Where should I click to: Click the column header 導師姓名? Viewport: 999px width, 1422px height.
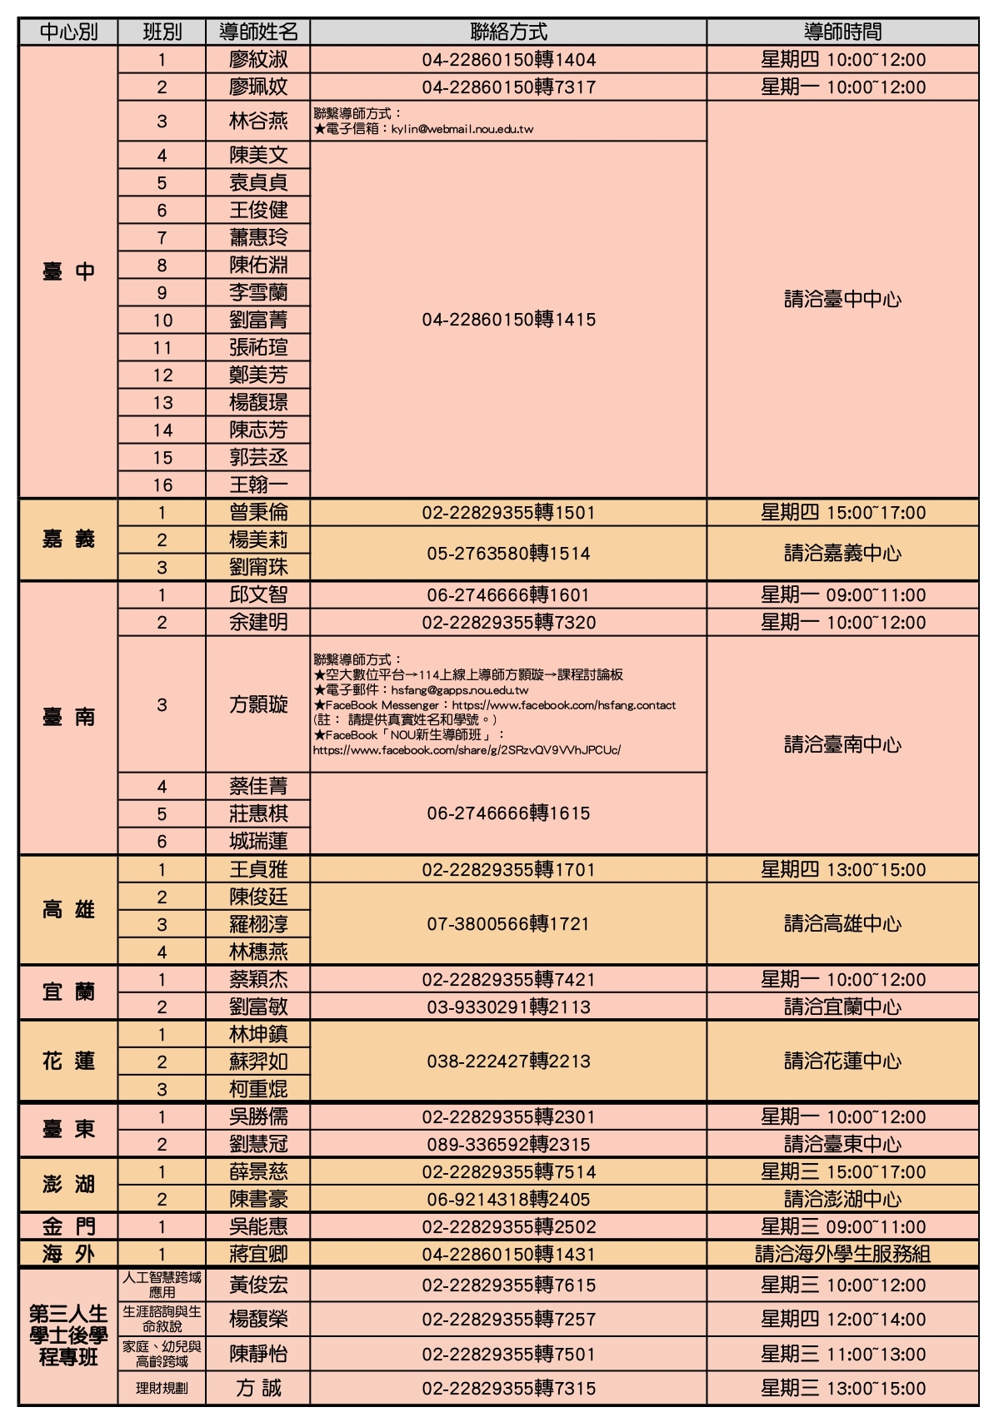258,32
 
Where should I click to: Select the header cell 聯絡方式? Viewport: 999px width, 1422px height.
508,32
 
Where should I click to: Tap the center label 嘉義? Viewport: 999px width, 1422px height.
68,539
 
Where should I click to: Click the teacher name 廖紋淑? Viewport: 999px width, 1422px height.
258,59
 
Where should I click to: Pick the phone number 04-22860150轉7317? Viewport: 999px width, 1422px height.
508,87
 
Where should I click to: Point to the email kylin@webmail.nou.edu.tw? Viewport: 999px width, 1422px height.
462,129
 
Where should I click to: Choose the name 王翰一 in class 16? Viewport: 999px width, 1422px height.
258,485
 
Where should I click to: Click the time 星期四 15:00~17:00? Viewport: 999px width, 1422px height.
842,512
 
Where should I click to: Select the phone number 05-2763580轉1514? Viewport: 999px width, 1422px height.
508,553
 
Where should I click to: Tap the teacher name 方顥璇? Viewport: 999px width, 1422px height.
258,704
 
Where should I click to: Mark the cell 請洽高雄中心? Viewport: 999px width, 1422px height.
842,923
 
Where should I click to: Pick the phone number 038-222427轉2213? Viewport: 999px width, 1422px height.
508,1062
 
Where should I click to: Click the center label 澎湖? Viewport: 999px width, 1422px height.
68,1185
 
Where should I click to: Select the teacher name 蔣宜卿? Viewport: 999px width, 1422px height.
258,1254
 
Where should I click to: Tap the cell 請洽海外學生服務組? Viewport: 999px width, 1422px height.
842,1254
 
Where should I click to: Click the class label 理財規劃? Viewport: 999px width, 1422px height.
162,1388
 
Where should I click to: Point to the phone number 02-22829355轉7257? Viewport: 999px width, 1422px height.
508,1319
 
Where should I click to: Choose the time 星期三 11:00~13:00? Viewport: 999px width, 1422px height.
842,1354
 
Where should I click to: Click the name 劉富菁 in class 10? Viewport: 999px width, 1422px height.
258,320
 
